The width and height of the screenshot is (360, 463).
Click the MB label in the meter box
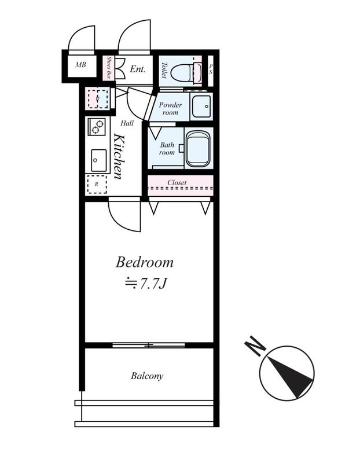click(80, 64)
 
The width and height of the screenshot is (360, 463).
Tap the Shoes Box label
click(109, 68)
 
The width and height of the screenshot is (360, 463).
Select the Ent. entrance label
click(138, 69)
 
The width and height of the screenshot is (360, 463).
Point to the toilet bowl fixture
click(186, 71)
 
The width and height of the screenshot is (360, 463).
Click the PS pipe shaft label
click(211, 69)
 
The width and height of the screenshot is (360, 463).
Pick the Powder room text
click(170, 108)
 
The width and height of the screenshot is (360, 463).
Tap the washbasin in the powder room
click(201, 106)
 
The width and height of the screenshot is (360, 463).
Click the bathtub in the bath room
click(198, 149)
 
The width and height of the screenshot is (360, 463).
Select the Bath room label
click(167, 149)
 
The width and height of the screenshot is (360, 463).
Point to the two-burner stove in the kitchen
click(97, 126)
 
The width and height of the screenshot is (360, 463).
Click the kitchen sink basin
click(98, 160)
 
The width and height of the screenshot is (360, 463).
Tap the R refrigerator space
click(97, 184)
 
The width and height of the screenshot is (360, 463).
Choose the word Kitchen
click(119, 156)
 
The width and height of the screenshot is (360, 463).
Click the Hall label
click(127, 123)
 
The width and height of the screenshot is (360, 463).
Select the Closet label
click(177, 182)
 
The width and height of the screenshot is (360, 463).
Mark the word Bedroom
click(145, 262)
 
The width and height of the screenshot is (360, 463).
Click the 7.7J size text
click(146, 284)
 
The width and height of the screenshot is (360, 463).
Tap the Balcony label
click(147, 376)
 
